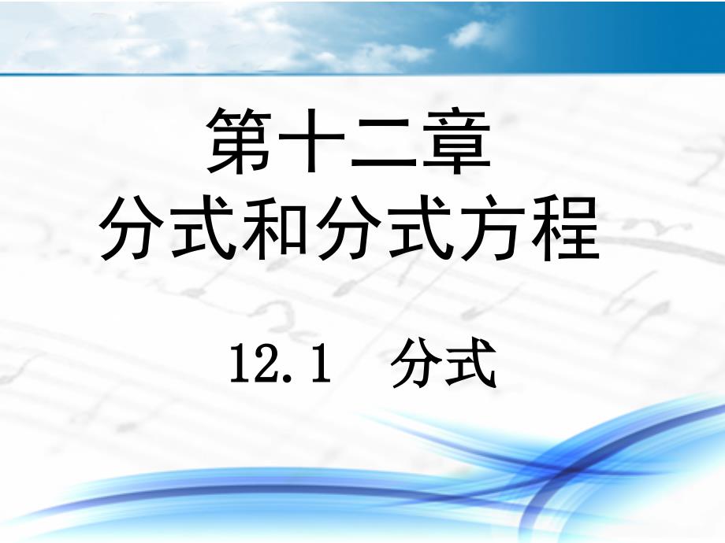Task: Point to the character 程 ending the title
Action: pos(565,227)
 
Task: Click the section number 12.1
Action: pos(281,364)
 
